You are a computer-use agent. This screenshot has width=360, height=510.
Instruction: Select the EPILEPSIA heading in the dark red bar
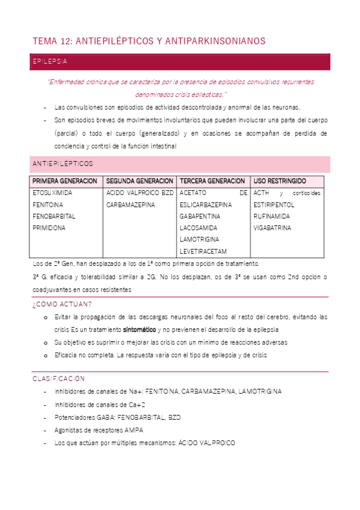point(50,62)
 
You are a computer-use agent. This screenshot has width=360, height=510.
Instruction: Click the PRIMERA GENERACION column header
point(64,181)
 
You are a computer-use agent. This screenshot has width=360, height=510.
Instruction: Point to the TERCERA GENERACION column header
point(212,181)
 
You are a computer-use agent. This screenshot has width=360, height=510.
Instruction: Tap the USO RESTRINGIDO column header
point(280,181)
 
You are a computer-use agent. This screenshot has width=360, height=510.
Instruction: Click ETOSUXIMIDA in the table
point(52,193)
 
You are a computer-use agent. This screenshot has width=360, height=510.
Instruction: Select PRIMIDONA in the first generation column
point(49,228)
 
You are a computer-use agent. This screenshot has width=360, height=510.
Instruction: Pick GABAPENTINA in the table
point(200,216)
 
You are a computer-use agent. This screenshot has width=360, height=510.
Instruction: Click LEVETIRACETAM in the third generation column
point(203,251)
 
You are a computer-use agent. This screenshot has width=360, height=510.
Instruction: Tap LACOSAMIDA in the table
point(198,228)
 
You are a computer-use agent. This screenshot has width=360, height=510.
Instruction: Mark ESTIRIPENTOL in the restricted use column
point(274,204)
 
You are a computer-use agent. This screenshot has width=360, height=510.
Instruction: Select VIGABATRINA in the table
point(272,228)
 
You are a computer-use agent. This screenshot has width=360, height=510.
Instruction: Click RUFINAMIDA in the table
point(272,216)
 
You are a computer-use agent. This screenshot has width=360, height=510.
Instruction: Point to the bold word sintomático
point(139,330)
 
